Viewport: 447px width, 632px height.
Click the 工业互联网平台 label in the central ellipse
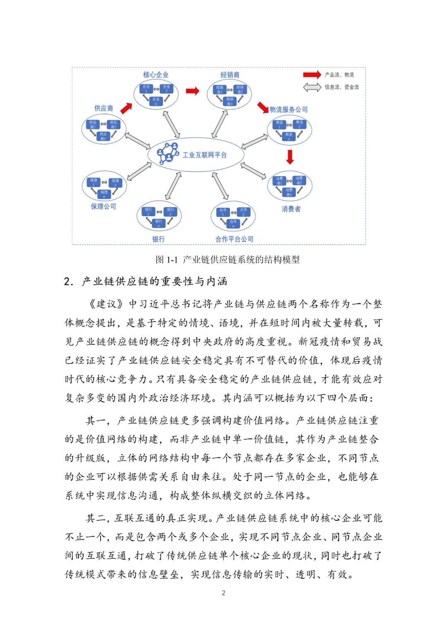(204, 155)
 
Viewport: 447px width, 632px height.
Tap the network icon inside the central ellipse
(168, 153)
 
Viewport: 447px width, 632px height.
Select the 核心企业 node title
(156, 75)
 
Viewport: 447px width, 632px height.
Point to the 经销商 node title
(230, 75)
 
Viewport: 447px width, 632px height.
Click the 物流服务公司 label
(289, 110)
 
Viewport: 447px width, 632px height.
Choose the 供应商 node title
(103, 108)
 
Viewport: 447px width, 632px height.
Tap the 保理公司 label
(103, 207)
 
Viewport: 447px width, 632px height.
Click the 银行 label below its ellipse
(159, 239)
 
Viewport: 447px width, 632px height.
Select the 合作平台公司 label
(234, 239)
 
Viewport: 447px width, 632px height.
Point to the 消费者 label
(291, 209)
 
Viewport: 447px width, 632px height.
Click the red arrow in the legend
(312, 75)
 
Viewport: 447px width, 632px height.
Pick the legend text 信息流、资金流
(341, 87)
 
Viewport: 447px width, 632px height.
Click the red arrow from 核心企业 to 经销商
(192, 91)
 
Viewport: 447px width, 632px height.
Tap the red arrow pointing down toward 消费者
(290, 157)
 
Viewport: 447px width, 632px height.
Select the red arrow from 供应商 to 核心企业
(126, 108)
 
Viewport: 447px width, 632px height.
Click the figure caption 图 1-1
(166, 260)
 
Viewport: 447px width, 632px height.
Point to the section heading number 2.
(68, 282)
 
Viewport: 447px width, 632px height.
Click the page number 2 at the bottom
(223, 593)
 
